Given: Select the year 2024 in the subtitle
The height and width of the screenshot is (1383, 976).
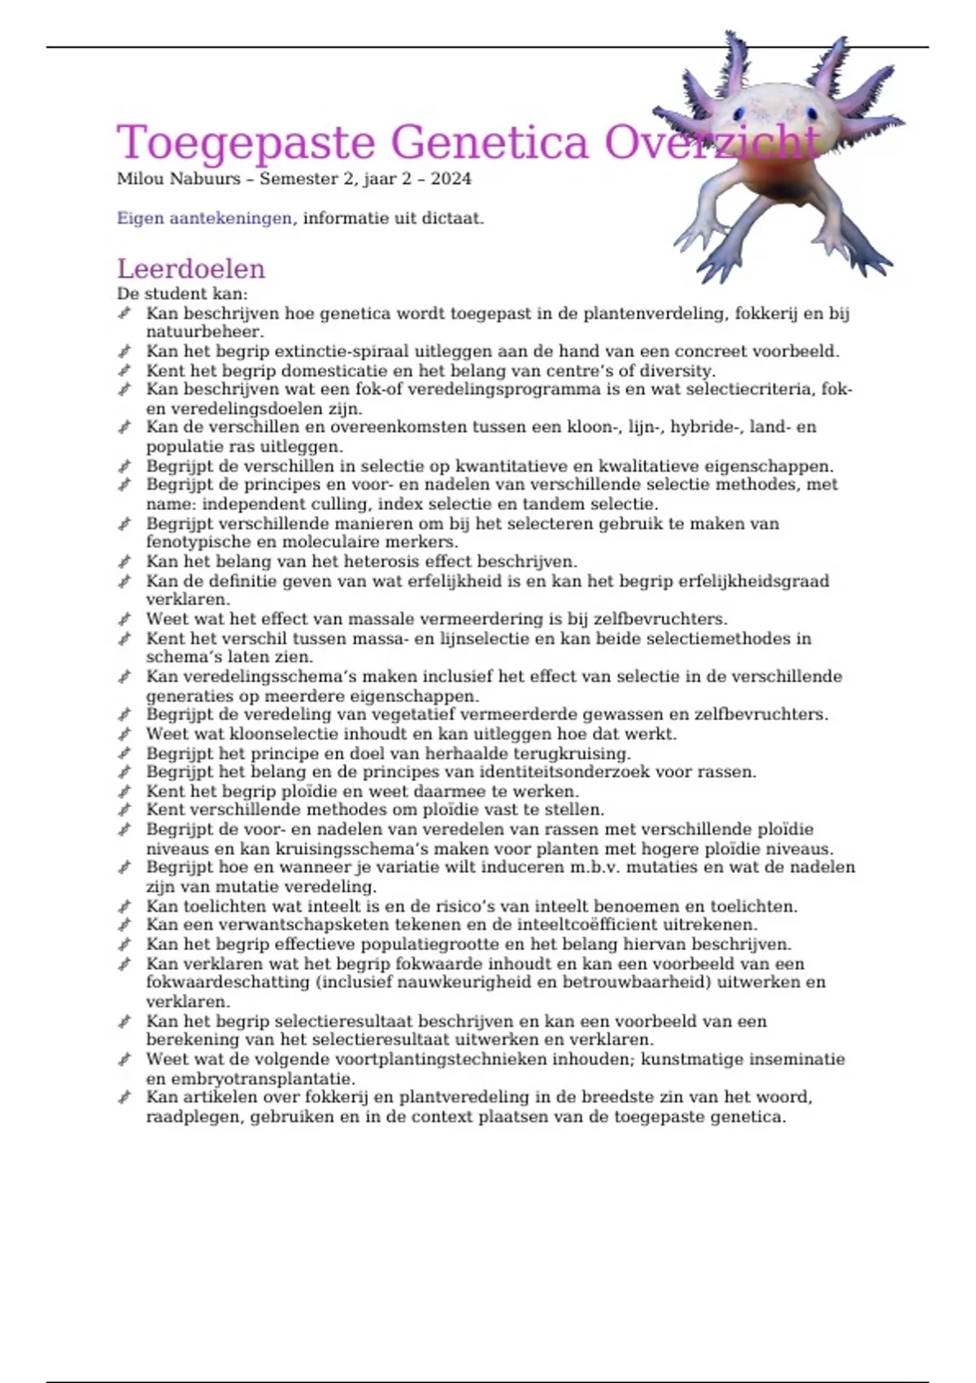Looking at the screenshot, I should click(451, 179).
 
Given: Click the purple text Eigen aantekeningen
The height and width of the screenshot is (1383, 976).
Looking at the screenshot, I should click(204, 218).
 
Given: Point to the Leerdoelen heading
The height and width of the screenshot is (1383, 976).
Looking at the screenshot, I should click(191, 268).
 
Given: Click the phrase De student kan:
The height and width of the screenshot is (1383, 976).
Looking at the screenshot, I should click(182, 294).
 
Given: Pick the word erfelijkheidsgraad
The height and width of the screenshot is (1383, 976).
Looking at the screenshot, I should click(739, 581).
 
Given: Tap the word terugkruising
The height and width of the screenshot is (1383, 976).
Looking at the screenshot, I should click(574, 753).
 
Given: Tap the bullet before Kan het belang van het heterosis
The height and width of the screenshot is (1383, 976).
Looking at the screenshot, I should click(124, 561).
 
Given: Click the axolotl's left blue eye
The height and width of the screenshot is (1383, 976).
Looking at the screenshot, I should click(738, 111).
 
